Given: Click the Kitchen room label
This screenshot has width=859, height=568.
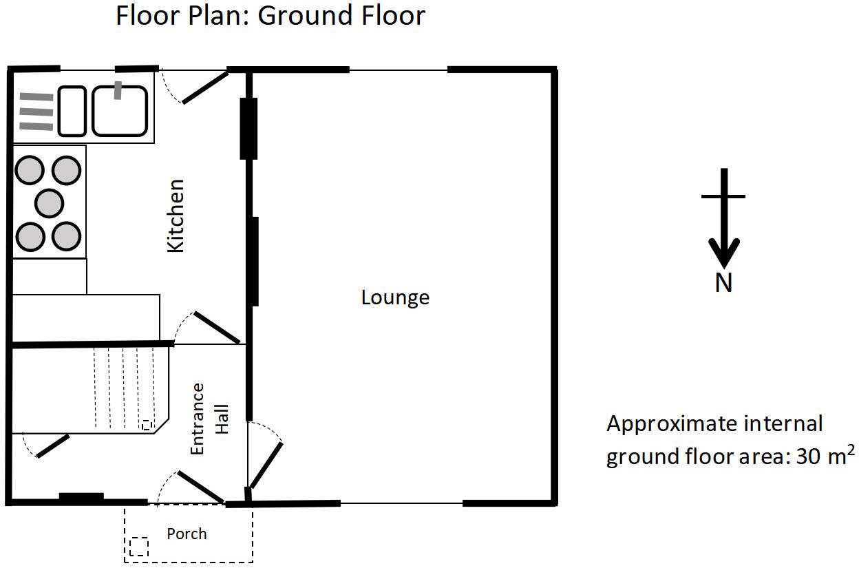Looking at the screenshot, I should pyautogui.click(x=177, y=215).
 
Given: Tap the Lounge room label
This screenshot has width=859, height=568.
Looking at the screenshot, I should pyautogui.click(x=395, y=297).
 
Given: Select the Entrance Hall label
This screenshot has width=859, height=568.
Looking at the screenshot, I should pyautogui.click(x=209, y=418).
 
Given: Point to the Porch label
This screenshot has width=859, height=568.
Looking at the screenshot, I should pyautogui.click(x=187, y=534).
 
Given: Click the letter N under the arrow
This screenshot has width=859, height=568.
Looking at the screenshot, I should pyautogui.click(x=723, y=283).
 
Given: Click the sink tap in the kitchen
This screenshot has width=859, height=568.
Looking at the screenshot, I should pyautogui.click(x=118, y=90).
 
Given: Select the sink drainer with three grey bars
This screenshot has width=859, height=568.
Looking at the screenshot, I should pyautogui.click(x=36, y=111).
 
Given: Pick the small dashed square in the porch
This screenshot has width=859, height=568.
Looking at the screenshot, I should pyautogui.click(x=139, y=547).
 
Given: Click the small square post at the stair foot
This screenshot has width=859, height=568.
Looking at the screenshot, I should pyautogui.click(x=146, y=425).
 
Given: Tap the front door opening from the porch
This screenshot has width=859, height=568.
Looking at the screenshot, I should pyautogui.click(x=200, y=487).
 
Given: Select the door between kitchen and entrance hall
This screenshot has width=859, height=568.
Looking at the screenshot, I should pyautogui.click(x=215, y=327).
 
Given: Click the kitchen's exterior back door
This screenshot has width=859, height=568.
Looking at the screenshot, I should pyautogui.click(x=204, y=87).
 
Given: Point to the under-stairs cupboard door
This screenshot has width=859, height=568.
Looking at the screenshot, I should pyautogui.click(x=52, y=446).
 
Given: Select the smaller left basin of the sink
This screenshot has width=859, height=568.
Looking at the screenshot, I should pyautogui.click(x=72, y=111).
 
